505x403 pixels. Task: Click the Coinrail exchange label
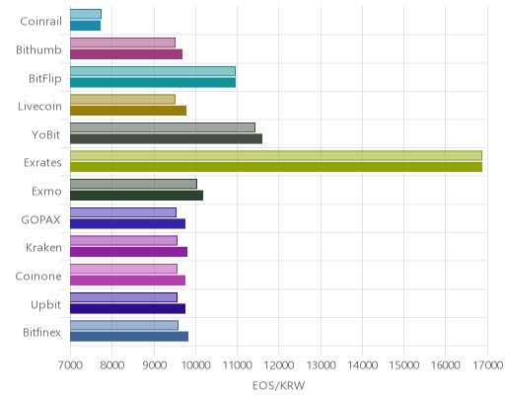point(40,22)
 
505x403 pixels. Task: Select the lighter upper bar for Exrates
point(276,156)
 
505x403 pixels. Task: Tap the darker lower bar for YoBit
point(166,139)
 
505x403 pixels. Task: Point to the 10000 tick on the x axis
point(196,365)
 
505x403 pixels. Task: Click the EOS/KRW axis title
point(278,385)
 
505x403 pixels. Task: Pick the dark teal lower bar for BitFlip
point(153,83)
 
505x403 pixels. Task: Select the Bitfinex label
point(41,333)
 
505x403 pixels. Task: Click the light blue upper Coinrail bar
point(86,14)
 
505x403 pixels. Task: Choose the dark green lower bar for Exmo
point(136,196)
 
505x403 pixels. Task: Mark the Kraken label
point(43,248)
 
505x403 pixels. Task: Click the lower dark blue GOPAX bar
point(127,224)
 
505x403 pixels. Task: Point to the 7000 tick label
point(70,365)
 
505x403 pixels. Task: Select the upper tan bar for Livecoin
point(122,99)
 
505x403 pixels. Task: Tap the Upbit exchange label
point(45,305)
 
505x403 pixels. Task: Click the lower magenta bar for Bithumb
point(126,54)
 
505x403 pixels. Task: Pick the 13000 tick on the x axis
point(322,365)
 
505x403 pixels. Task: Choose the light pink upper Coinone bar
point(123,269)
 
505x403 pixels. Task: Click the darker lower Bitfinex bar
point(129,337)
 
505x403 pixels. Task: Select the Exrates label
point(42,163)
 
